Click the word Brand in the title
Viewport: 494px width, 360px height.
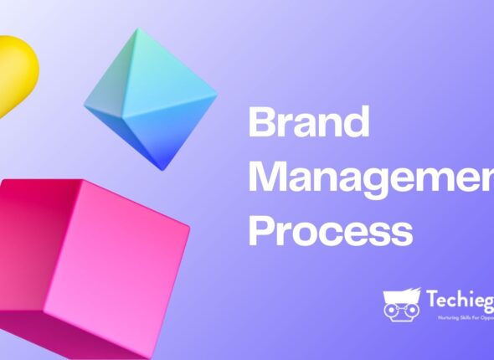(309, 123)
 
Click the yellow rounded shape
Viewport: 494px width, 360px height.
(16, 70)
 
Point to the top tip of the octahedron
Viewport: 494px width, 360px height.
(131, 30)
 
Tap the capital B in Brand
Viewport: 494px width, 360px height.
(262, 123)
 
